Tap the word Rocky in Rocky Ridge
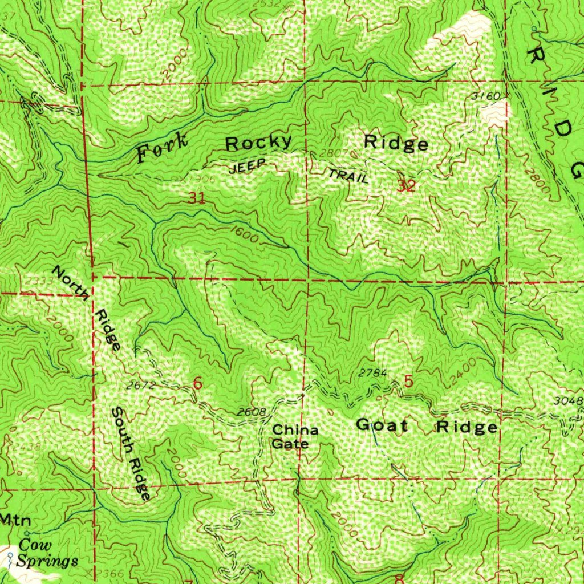point(259,143)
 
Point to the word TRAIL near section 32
point(347,176)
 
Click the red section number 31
point(197,198)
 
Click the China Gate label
point(294,437)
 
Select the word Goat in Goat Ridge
point(382,425)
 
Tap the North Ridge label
point(87,308)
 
